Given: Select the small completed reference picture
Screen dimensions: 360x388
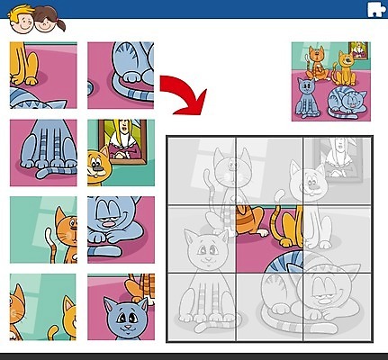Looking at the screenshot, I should [330, 81].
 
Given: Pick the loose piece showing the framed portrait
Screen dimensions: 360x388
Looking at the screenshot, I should [121, 152].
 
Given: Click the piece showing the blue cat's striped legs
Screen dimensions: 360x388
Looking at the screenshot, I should [42, 152].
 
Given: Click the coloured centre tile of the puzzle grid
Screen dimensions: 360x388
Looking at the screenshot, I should [269, 238].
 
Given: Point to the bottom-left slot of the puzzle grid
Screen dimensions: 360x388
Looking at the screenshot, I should [202, 306].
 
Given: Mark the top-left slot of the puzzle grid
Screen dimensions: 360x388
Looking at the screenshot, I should [202, 171].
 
